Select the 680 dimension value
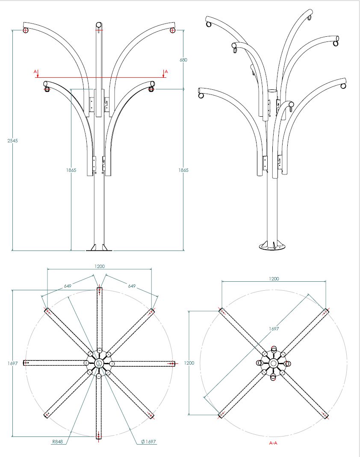(183, 60)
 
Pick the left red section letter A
(35, 71)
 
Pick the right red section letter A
(166, 71)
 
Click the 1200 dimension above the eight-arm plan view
(99, 266)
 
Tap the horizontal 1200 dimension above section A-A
(274, 278)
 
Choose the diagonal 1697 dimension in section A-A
(274, 329)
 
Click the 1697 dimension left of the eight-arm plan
(12, 363)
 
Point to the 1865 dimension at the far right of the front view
(184, 170)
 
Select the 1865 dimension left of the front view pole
(71, 170)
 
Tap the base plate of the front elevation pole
(99, 248)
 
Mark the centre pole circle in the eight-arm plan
(99, 363)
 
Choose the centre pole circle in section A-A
(273, 363)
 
